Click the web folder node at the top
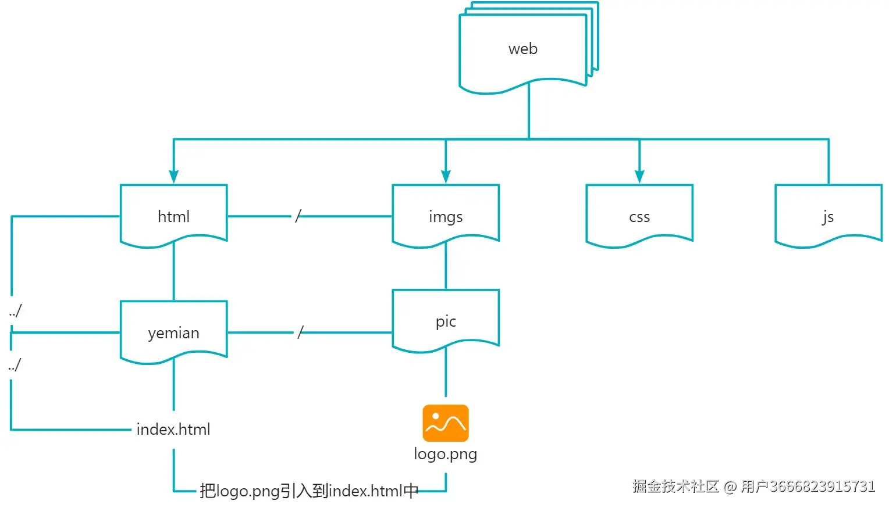coord(523,49)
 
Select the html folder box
coord(173,216)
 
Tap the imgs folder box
coord(446,216)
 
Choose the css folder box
coord(639,216)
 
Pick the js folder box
coord(828,216)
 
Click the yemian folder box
coord(173,332)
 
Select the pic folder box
coord(446,321)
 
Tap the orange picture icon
coord(446,423)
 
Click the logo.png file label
coord(446,454)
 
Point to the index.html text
coord(173,430)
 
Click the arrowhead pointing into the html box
coord(173,177)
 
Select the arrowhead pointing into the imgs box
coord(446,177)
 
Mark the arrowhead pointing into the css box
coord(639,177)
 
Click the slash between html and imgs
coord(298,216)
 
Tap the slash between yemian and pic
coord(300,332)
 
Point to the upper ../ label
coord(15,311)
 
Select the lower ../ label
coord(15,365)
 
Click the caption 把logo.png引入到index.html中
coord(309,491)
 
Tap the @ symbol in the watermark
coord(730,486)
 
